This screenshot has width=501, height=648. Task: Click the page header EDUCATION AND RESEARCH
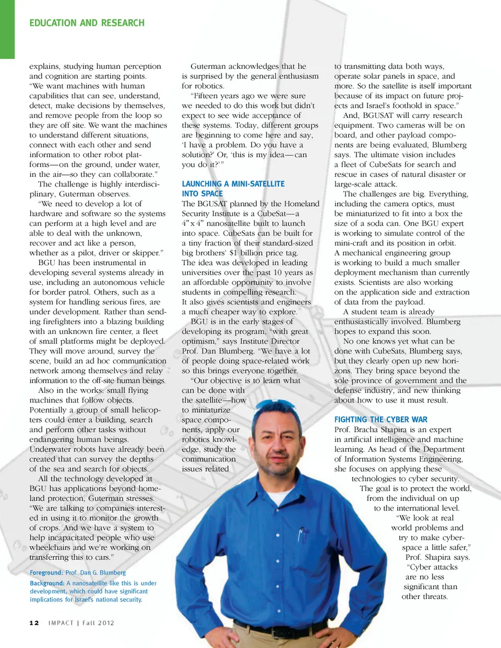click(x=87, y=23)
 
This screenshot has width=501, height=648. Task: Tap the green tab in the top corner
click(x=7, y=29)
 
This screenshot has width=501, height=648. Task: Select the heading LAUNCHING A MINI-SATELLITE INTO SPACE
click(x=233, y=188)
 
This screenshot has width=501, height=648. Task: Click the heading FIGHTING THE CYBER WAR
click(x=380, y=419)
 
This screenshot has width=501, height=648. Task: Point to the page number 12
click(x=34, y=623)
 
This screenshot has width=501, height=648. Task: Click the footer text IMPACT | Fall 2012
click(x=81, y=623)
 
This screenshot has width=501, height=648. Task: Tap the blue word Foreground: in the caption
click(x=46, y=573)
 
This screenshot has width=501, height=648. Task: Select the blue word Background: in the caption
click(x=46, y=583)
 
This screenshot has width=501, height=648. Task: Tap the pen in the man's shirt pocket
click(x=301, y=535)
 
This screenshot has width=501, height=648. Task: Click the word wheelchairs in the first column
click(x=50, y=547)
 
